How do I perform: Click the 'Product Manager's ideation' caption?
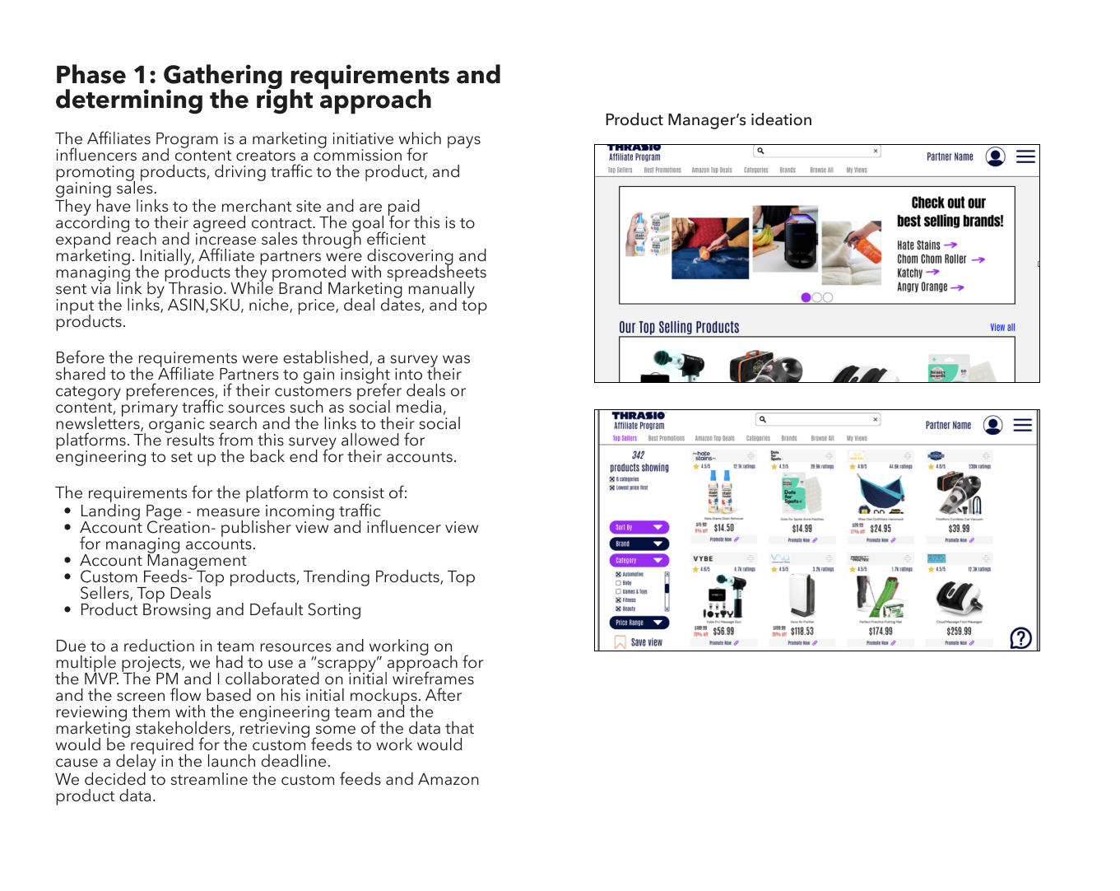(x=708, y=120)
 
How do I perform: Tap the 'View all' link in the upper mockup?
(x=1001, y=328)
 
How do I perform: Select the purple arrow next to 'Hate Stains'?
(x=950, y=245)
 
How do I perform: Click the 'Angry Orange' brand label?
(x=922, y=287)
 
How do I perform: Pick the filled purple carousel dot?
(x=806, y=297)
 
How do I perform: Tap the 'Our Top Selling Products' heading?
(x=679, y=328)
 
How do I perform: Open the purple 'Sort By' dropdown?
(x=639, y=528)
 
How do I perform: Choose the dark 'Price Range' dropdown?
(x=639, y=623)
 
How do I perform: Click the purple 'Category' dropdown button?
(x=639, y=561)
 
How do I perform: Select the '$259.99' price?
(x=959, y=632)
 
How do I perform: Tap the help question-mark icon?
(x=1020, y=638)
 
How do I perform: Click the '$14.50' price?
(x=723, y=529)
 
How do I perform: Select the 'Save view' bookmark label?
(x=646, y=643)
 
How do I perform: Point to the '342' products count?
(x=638, y=455)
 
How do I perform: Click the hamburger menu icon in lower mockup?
(x=1022, y=425)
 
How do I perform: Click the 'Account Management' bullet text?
(x=163, y=561)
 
